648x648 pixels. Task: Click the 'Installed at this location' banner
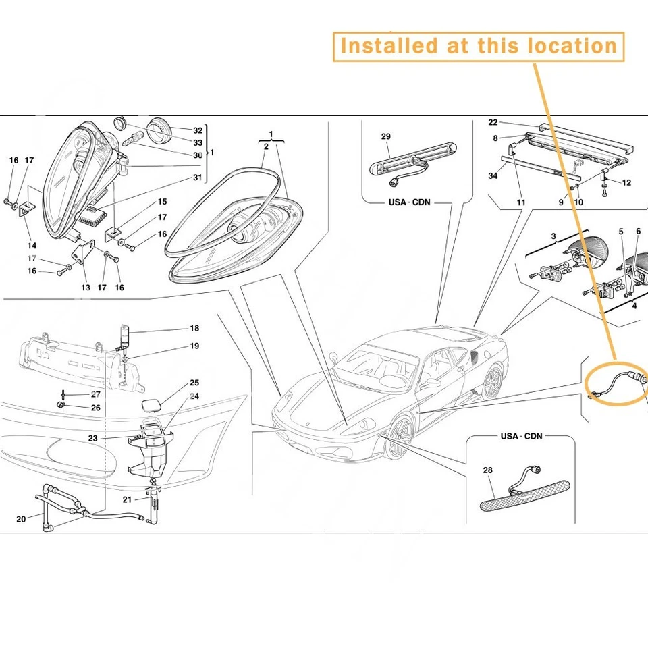click(478, 46)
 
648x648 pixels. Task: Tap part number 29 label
click(386, 137)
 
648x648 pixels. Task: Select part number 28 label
click(488, 470)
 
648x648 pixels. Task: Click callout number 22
click(493, 122)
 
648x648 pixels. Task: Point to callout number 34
click(493, 176)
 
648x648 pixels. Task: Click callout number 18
click(194, 329)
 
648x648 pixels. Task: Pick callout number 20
click(21, 518)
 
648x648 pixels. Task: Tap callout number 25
click(194, 383)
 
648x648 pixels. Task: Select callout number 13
click(86, 288)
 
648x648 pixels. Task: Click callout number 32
click(198, 130)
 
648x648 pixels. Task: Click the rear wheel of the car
click(493, 383)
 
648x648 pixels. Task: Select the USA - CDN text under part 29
click(409, 202)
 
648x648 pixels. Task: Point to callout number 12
click(627, 182)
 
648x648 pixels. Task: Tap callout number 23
click(92, 438)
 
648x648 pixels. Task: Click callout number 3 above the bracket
click(553, 236)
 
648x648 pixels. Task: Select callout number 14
click(32, 246)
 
